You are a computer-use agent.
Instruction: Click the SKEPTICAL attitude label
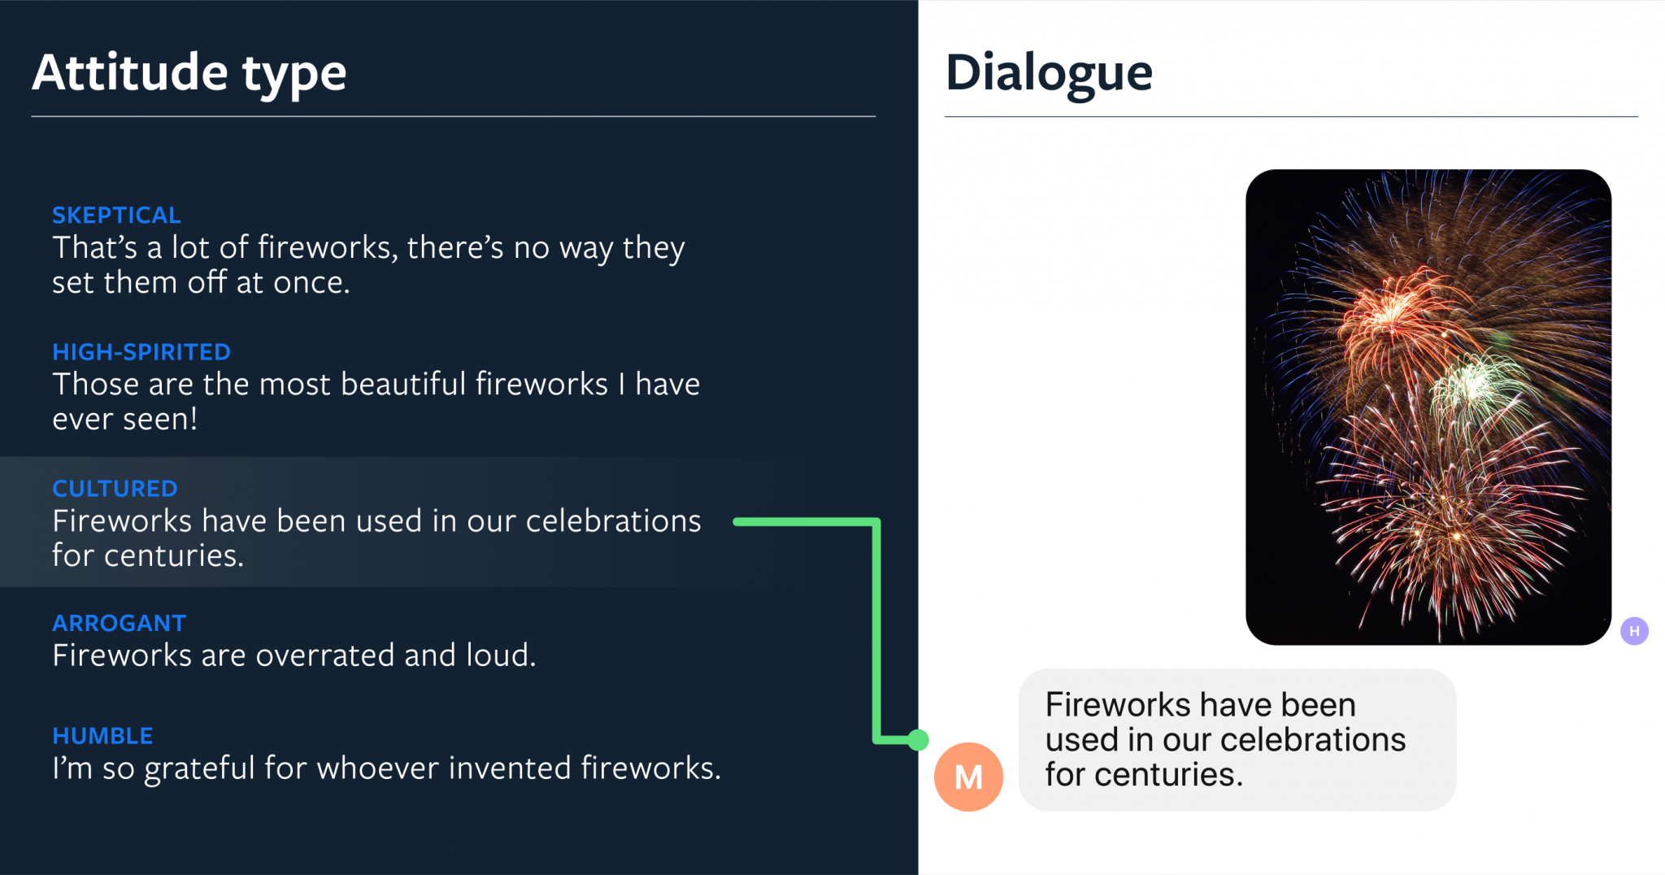pyautogui.click(x=116, y=215)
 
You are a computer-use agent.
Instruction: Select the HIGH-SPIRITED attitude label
pyautogui.click(x=141, y=352)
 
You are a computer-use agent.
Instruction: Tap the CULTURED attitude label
pyautogui.click(x=115, y=489)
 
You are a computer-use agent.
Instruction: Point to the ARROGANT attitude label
pyautogui.click(x=120, y=623)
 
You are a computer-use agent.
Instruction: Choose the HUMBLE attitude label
pyautogui.click(x=102, y=736)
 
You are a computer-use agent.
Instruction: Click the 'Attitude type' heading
pyautogui.click(x=189, y=73)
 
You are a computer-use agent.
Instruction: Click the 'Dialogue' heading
pyautogui.click(x=1049, y=73)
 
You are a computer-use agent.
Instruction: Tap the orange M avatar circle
pyautogui.click(x=968, y=777)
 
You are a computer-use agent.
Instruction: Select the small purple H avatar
pyautogui.click(x=1634, y=631)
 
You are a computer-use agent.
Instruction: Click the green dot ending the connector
pyautogui.click(x=918, y=740)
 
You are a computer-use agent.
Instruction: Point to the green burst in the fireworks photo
pyautogui.click(x=1476, y=386)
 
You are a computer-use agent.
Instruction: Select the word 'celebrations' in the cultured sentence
pyautogui.click(x=614, y=521)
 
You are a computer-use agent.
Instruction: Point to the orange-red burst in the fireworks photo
pyautogui.click(x=1390, y=317)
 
